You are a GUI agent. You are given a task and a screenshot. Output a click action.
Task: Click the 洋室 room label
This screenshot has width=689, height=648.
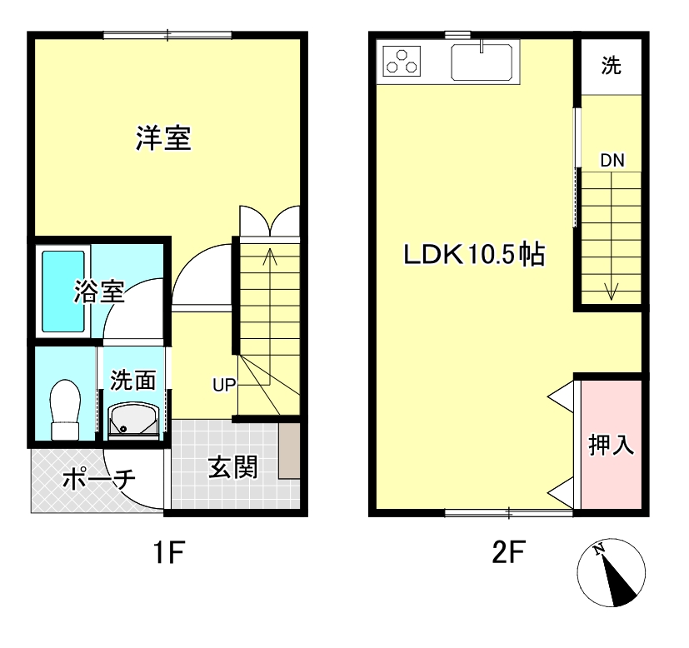(164, 138)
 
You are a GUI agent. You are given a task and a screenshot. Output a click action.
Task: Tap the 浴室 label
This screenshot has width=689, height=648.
(99, 292)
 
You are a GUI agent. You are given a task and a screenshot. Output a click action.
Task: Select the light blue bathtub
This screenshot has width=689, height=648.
(63, 291)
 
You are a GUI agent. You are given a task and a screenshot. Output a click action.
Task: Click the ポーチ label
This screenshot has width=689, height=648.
(98, 480)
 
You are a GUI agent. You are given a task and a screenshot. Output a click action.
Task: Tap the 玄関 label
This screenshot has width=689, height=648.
(232, 468)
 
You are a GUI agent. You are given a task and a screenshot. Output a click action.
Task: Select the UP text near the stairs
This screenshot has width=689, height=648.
(224, 384)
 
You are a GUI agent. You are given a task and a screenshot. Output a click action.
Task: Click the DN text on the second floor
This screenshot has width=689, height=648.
(612, 162)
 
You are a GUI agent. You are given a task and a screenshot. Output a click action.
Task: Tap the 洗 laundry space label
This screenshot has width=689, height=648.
(612, 67)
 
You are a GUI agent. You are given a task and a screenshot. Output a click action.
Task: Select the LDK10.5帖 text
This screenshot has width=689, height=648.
(474, 254)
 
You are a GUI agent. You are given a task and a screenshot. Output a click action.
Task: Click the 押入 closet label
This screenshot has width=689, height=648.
(612, 445)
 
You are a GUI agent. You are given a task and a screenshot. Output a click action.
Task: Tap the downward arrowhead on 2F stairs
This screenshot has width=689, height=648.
(612, 292)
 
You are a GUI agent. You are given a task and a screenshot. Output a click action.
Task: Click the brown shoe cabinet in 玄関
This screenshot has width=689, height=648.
(289, 451)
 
